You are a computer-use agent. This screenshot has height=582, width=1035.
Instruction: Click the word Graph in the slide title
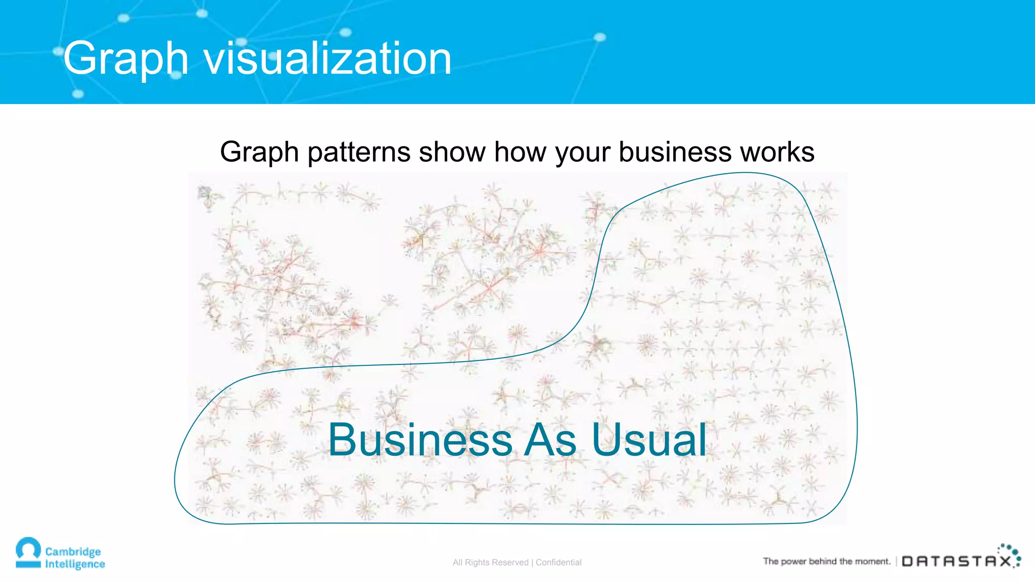[x=125, y=60]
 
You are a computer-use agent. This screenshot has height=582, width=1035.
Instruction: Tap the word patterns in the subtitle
[x=359, y=152]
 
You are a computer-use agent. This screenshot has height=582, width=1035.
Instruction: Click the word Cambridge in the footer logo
[x=73, y=551]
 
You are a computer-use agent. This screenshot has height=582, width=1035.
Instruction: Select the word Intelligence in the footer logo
[x=75, y=564]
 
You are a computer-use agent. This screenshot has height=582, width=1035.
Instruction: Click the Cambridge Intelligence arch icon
[x=28, y=552]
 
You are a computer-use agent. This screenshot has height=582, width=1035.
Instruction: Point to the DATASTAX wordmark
[x=957, y=561]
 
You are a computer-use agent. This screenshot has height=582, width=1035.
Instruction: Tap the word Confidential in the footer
[x=558, y=562]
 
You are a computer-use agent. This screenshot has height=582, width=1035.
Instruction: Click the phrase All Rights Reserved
[x=490, y=562]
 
